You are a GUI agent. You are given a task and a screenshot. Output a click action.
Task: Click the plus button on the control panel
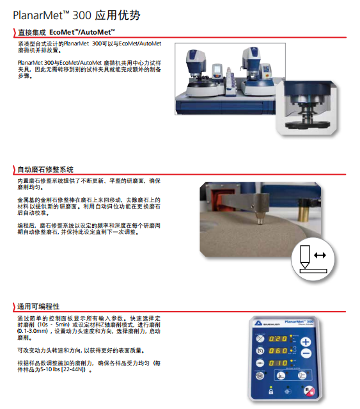pyautogui.click(x=306, y=342)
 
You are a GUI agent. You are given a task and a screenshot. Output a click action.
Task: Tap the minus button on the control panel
pyautogui.click(x=306, y=353)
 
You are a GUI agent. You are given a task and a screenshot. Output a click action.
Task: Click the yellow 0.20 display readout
pyautogui.click(x=278, y=339)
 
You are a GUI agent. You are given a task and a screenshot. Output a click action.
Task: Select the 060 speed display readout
pyautogui.click(x=278, y=351)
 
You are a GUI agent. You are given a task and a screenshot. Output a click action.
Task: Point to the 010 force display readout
pyautogui.click(x=278, y=363)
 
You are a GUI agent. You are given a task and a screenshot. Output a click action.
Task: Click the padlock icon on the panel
pyautogui.click(x=271, y=392)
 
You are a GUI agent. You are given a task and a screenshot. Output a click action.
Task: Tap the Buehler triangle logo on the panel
pyautogui.click(x=258, y=323)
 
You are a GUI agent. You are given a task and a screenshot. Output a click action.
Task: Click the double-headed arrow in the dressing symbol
pyautogui.click(x=320, y=255)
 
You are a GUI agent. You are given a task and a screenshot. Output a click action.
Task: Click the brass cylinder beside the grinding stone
pyautogui.click(x=304, y=210)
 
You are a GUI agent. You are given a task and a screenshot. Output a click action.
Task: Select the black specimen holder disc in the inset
pyautogui.click(x=308, y=125)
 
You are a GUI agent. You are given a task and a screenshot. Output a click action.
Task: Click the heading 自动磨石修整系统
pyautogui.click(x=45, y=170)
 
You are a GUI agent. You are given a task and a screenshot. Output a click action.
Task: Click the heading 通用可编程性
pyautogui.click(x=38, y=307)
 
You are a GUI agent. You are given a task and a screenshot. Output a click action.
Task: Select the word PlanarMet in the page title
pyautogui.click(x=38, y=15)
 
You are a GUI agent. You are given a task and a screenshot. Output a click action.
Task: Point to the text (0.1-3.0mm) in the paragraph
pyautogui.click(x=33, y=331)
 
